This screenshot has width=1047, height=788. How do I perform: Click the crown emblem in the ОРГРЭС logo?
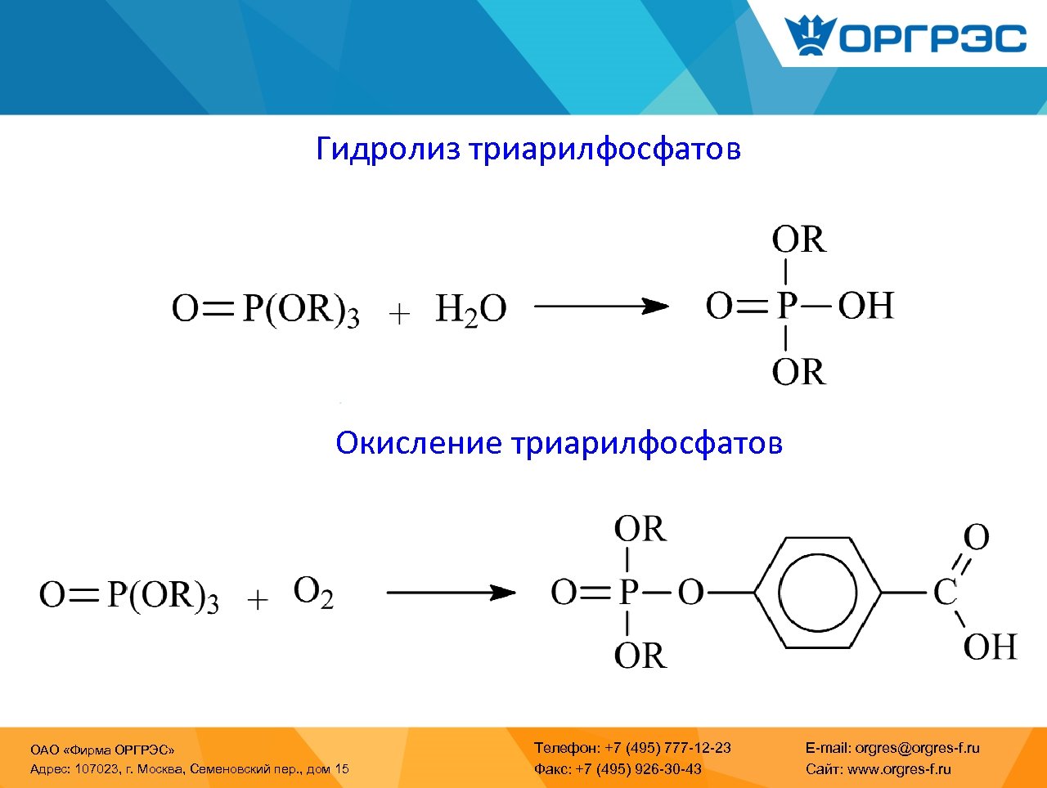pos(810,36)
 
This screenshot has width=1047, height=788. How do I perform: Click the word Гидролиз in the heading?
pos(388,149)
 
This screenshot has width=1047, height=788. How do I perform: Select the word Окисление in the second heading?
pos(418,442)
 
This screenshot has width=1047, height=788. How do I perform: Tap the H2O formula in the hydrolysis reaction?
pos(470,310)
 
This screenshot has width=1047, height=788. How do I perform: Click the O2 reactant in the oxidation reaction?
pos(313,592)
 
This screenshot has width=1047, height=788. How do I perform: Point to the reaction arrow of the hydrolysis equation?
pos(601,307)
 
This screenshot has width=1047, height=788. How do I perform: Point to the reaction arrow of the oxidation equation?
pos(451,593)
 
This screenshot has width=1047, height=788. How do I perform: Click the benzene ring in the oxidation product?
pos(817,592)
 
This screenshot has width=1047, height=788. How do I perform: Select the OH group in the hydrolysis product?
pos(865,306)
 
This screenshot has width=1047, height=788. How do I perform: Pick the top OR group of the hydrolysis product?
pos(798,240)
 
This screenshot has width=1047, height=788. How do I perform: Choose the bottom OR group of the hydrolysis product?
pos(798,373)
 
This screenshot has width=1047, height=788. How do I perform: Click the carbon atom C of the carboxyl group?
pos(945,593)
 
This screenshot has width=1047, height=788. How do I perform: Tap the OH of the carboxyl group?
pos(989,647)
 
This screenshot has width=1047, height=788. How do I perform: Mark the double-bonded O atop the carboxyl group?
pos(976,538)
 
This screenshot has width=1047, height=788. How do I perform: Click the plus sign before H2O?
pos(398,314)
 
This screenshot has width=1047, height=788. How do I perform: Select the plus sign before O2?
pos(258,600)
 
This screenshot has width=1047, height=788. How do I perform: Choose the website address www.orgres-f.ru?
pos(898,768)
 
